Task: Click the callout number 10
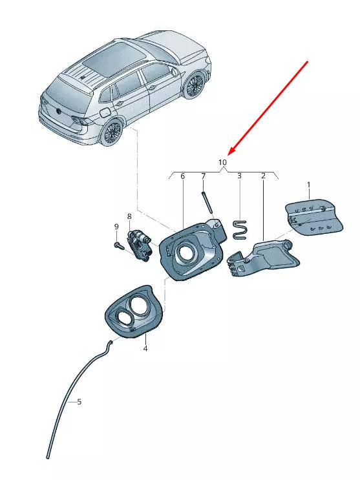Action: (x=223, y=162)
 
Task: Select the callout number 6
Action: (x=183, y=176)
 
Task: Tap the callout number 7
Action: (x=203, y=176)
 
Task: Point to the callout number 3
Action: (x=239, y=176)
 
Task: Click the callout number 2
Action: (x=263, y=176)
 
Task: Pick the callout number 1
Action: (x=308, y=185)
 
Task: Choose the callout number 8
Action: (x=129, y=216)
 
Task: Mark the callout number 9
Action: (x=116, y=227)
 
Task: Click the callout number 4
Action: (x=145, y=348)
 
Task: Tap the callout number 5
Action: (x=79, y=401)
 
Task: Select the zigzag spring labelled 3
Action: (x=240, y=229)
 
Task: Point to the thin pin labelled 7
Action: (x=207, y=202)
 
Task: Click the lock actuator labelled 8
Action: (x=140, y=245)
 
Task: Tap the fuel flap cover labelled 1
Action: (x=314, y=216)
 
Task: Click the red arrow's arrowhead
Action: (x=233, y=149)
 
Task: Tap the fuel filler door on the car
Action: (x=105, y=112)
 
